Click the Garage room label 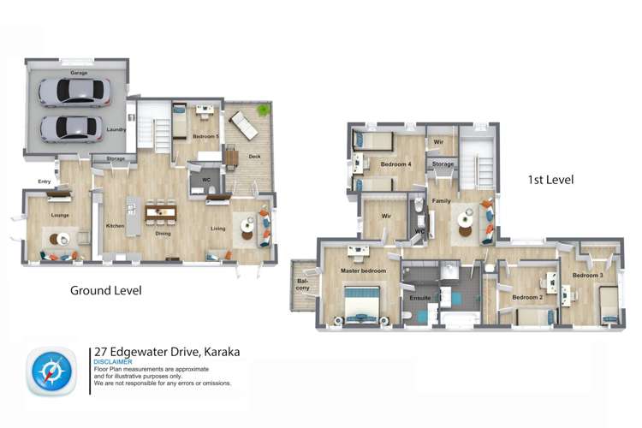click(x=79, y=74)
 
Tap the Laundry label click(x=116, y=130)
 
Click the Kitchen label click(x=115, y=225)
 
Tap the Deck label click(x=254, y=157)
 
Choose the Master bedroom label click(x=364, y=270)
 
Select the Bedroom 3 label click(x=588, y=275)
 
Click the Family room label click(x=441, y=200)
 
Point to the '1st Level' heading click(x=547, y=180)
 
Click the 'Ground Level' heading click(x=105, y=290)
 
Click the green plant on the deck click(x=263, y=110)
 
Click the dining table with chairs click(x=162, y=212)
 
